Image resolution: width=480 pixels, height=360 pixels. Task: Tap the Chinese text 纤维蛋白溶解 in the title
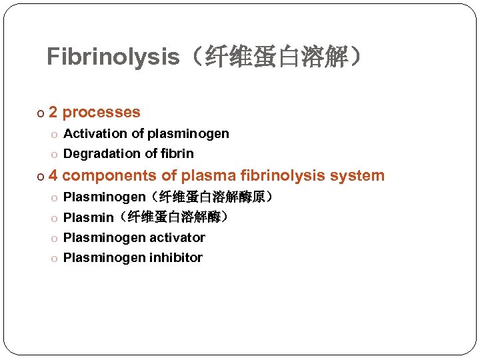click(x=278, y=58)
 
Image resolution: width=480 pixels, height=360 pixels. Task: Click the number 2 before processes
click(x=53, y=113)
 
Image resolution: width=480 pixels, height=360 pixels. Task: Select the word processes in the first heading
click(x=101, y=113)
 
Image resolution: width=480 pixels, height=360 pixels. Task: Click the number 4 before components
click(x=53, y=176)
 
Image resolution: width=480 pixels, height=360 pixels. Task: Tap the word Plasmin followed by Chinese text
click(x=88, y=217)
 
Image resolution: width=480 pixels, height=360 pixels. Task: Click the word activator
click(x=177, y=238)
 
